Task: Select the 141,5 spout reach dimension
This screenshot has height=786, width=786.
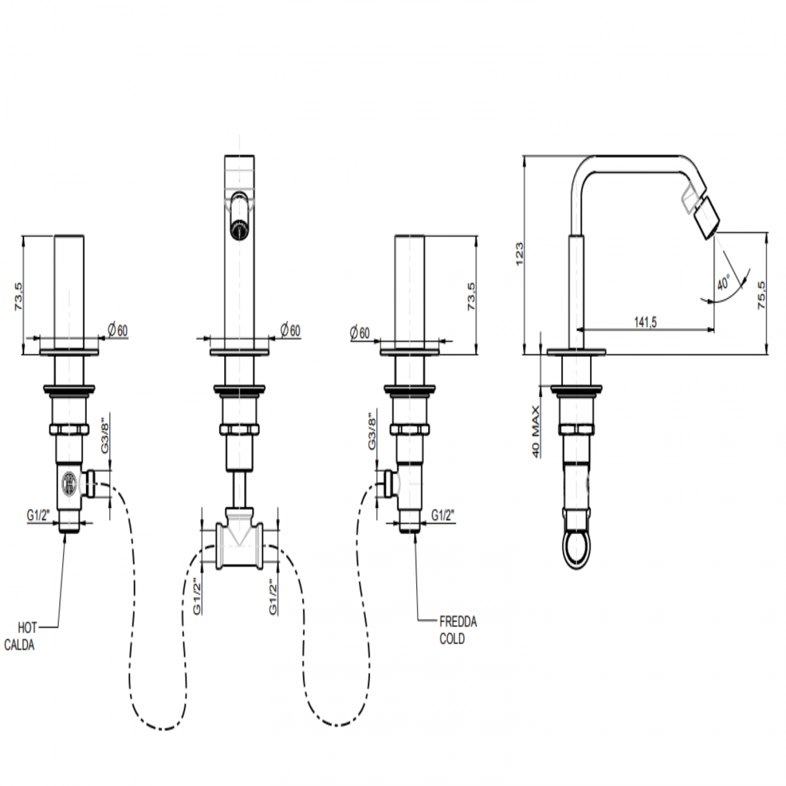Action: pyautogui.click(x=645, y=322)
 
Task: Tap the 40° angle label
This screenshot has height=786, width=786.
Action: pyautogui.click(x=724, y=282)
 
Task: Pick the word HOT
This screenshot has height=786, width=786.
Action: pyautogui.click(x=28, y=628)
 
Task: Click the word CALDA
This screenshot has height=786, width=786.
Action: pyautogui.click(x=19, y=645)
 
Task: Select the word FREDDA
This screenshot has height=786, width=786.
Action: pyautogui.click(x=458, y=622)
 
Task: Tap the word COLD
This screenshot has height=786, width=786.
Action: pyautogui.click(x=452, y=638)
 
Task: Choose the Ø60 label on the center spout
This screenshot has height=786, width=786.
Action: pyautogui.click(x=290, y=330)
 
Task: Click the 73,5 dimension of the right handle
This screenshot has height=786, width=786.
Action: pyautogui.click(x=472, y=296)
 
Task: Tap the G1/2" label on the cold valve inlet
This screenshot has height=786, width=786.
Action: pyautogui.click(x=443, y=515)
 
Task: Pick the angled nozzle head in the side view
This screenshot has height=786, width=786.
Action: pyautogui.click(x=704, y=217)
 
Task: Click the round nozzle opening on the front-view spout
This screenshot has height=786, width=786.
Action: pyautogui.click(x=239, y=229)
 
